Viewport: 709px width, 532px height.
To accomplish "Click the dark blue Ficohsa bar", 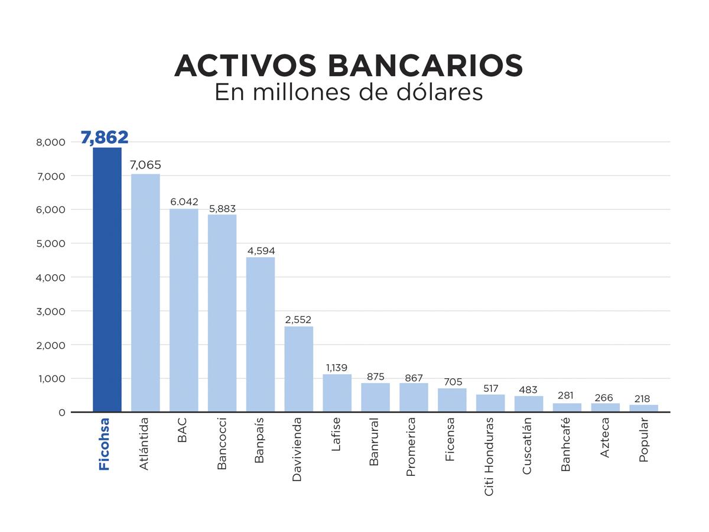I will [x=107, y=280].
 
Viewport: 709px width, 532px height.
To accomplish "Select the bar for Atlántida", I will [x=145, y=293].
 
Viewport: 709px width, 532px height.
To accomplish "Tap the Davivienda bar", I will [x=299, y=369].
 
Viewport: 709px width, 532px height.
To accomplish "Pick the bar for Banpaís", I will [x=261, y=335].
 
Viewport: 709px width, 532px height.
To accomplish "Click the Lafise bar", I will [x=337, y=393].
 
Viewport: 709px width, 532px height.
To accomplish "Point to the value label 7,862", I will [x=105, y=138].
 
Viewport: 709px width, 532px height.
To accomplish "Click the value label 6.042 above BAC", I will [x=184, y=202].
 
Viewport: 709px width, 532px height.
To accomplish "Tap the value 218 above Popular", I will [x=643, y=399].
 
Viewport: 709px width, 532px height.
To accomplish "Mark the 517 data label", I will [x=490, y=388].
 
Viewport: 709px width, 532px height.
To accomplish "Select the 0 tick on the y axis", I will [x=61, y=413].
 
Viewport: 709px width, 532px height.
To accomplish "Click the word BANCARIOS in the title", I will [x=425, y=66].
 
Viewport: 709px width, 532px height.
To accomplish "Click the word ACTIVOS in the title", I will [x=246, y=66].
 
